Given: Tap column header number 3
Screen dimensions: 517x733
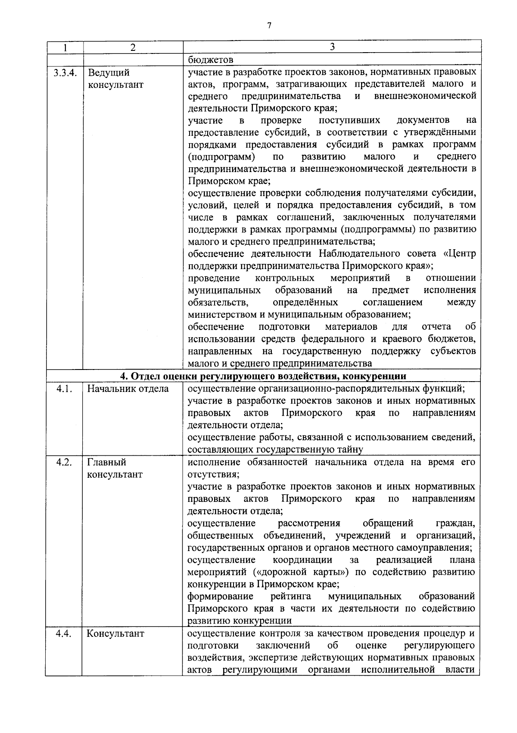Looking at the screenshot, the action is tap(332, 47).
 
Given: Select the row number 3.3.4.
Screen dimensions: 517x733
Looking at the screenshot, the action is tap(65, 72).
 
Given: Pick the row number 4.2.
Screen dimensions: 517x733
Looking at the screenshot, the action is tap(65, 462).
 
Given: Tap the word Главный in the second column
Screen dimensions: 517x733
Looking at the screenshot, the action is tap(107, 462).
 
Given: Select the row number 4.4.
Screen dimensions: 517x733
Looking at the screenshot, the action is tap(65, 634).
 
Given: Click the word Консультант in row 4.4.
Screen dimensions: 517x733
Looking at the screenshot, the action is tap(115, 634).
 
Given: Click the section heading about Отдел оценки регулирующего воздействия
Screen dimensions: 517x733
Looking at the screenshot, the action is tap(263, 376).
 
